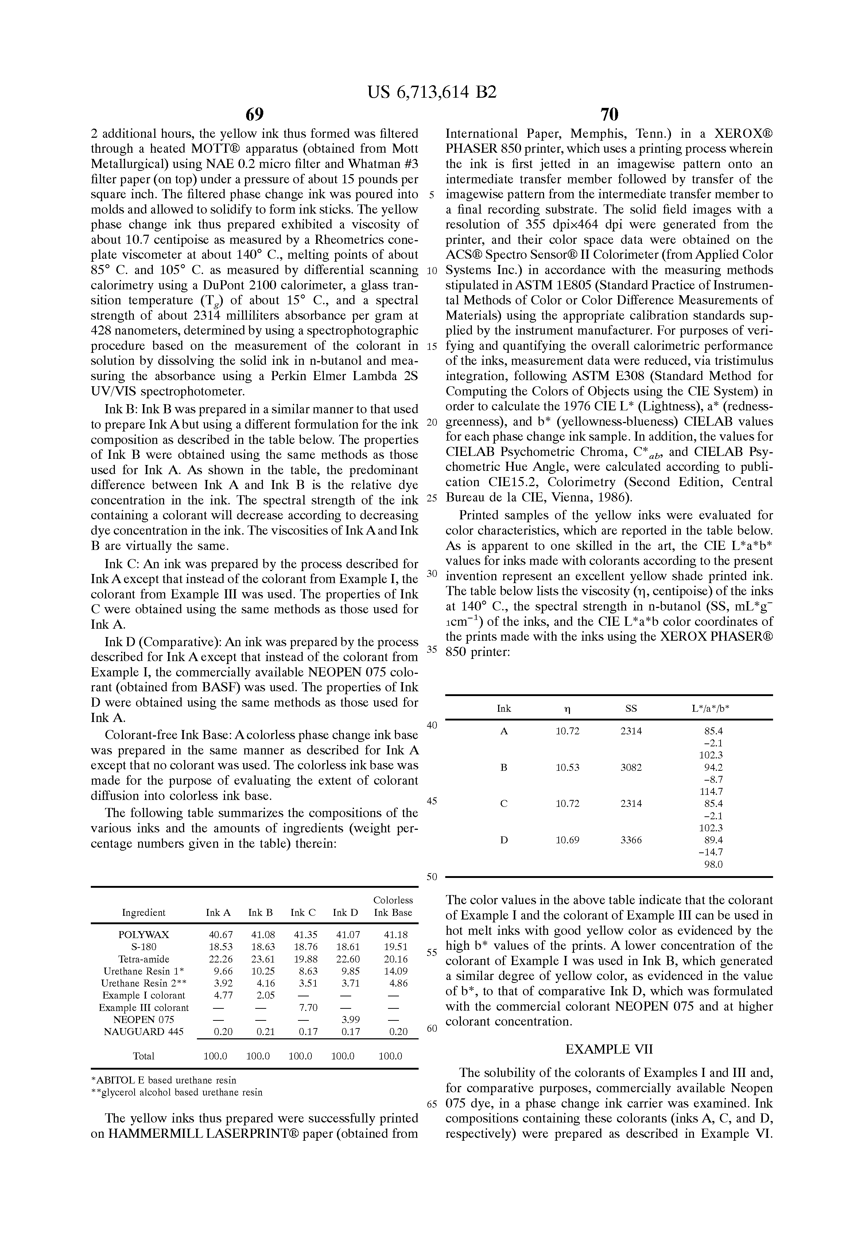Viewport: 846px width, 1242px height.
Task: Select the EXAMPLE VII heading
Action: click(609, 1049)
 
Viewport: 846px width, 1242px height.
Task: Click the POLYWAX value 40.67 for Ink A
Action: click(220, 935)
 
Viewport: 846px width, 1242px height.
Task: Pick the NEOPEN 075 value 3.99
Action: click(350, 1020)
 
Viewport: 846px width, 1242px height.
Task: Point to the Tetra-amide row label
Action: click(143, 959)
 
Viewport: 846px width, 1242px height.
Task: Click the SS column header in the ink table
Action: click(631, 708)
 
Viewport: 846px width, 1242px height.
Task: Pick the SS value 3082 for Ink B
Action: click(631, 768)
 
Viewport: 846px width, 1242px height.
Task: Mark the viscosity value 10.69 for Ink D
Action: click(567, 840)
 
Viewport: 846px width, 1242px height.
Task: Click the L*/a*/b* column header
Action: click(711, 708)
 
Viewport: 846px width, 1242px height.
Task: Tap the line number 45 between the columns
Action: click(432, 801)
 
